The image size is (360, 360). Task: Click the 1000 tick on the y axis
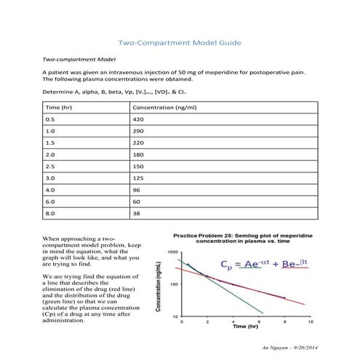[172, 252]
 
